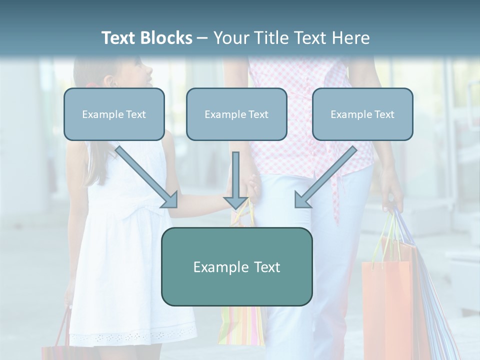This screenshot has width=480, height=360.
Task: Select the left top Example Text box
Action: (x=114, y=114)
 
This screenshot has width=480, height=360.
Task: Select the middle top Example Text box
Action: (x=236, y=114)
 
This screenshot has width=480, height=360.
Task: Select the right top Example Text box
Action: (x=362, y=114)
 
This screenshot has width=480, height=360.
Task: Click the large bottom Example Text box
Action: (x=236, y=266)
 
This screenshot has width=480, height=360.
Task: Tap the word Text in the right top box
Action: (x=384, y=114)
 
